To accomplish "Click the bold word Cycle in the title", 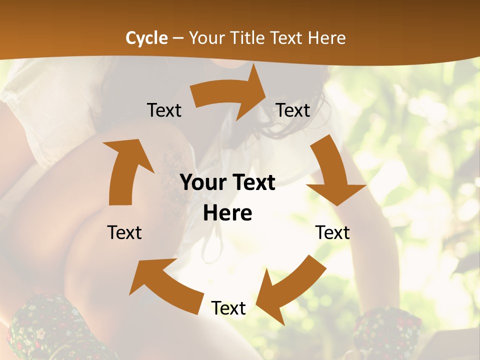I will (x=146, y=38).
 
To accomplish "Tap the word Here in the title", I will (x=326, y=38).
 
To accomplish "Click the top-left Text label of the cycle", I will (x=164, y=110).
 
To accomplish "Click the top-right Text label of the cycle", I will (x=293, y=110).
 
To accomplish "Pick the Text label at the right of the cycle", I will (x=332, y=232).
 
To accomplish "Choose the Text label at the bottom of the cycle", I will (x=228, y=308).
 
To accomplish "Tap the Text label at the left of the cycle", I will (x=124, y=232).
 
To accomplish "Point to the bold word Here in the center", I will (x=227, y=213).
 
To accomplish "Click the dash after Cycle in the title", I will (x=178, y=38).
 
